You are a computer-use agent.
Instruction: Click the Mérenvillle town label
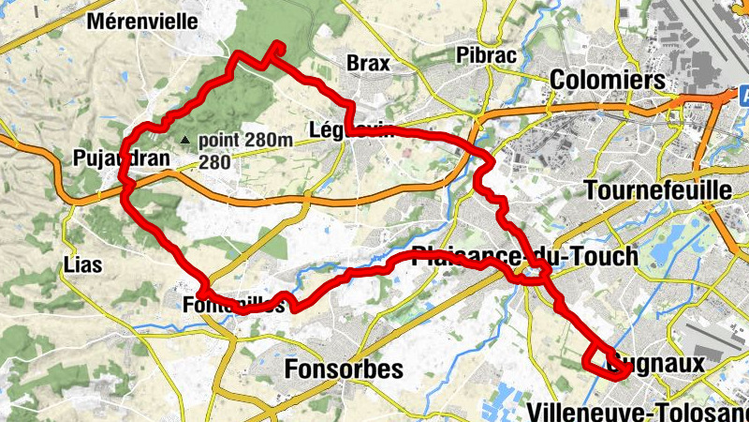coord(155,21)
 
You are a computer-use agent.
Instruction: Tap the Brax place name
coord(367,63)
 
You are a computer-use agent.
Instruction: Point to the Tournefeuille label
coord(656,190)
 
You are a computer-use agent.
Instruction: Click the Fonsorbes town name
coord(345,369)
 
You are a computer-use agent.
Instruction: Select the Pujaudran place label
coord(121,158)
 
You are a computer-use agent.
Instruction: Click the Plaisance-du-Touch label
coord(525,255)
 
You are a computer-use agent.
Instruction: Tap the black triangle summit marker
coord(185,141)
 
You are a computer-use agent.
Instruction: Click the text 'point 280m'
coord(245,140)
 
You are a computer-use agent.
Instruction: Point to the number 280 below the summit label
coord(214,161)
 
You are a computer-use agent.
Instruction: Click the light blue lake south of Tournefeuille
coord(667,249)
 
